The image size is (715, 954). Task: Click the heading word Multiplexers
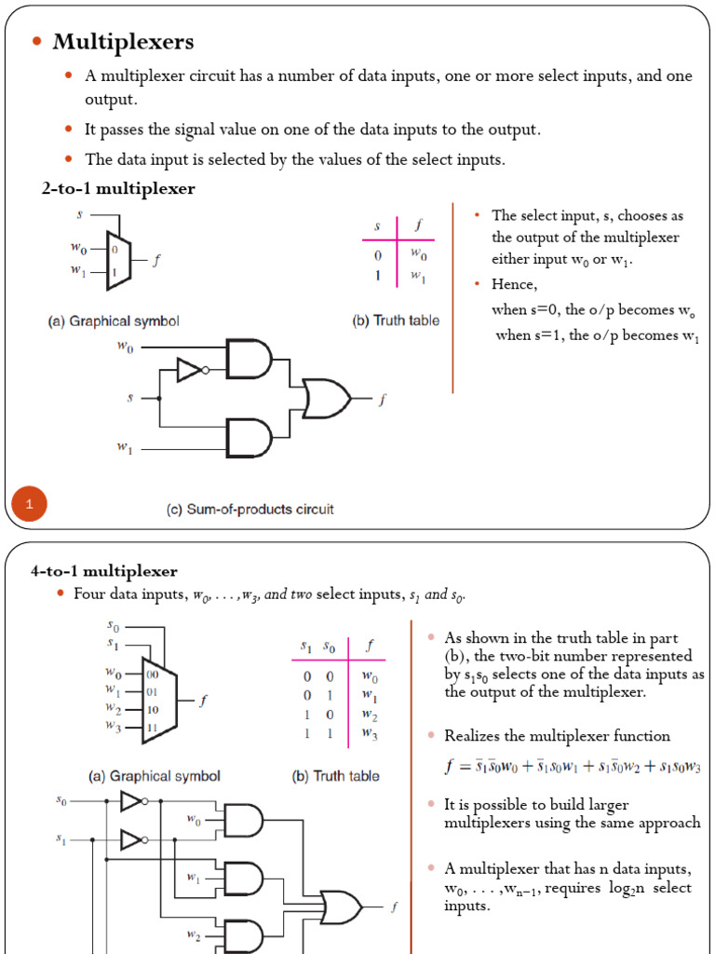pos(123,41)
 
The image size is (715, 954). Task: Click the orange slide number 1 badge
pos(29,505)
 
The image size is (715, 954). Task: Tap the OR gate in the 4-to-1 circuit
pos(341,905)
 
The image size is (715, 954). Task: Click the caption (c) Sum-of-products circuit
pos(250,510)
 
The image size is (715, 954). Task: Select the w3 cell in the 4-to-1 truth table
pos(370,735)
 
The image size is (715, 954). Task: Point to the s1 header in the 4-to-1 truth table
pos(305,646)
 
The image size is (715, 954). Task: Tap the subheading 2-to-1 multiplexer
pos(118,189)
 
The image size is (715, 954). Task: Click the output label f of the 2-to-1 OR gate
pos(382,400)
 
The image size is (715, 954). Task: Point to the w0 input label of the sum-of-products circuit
pos(124,346)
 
